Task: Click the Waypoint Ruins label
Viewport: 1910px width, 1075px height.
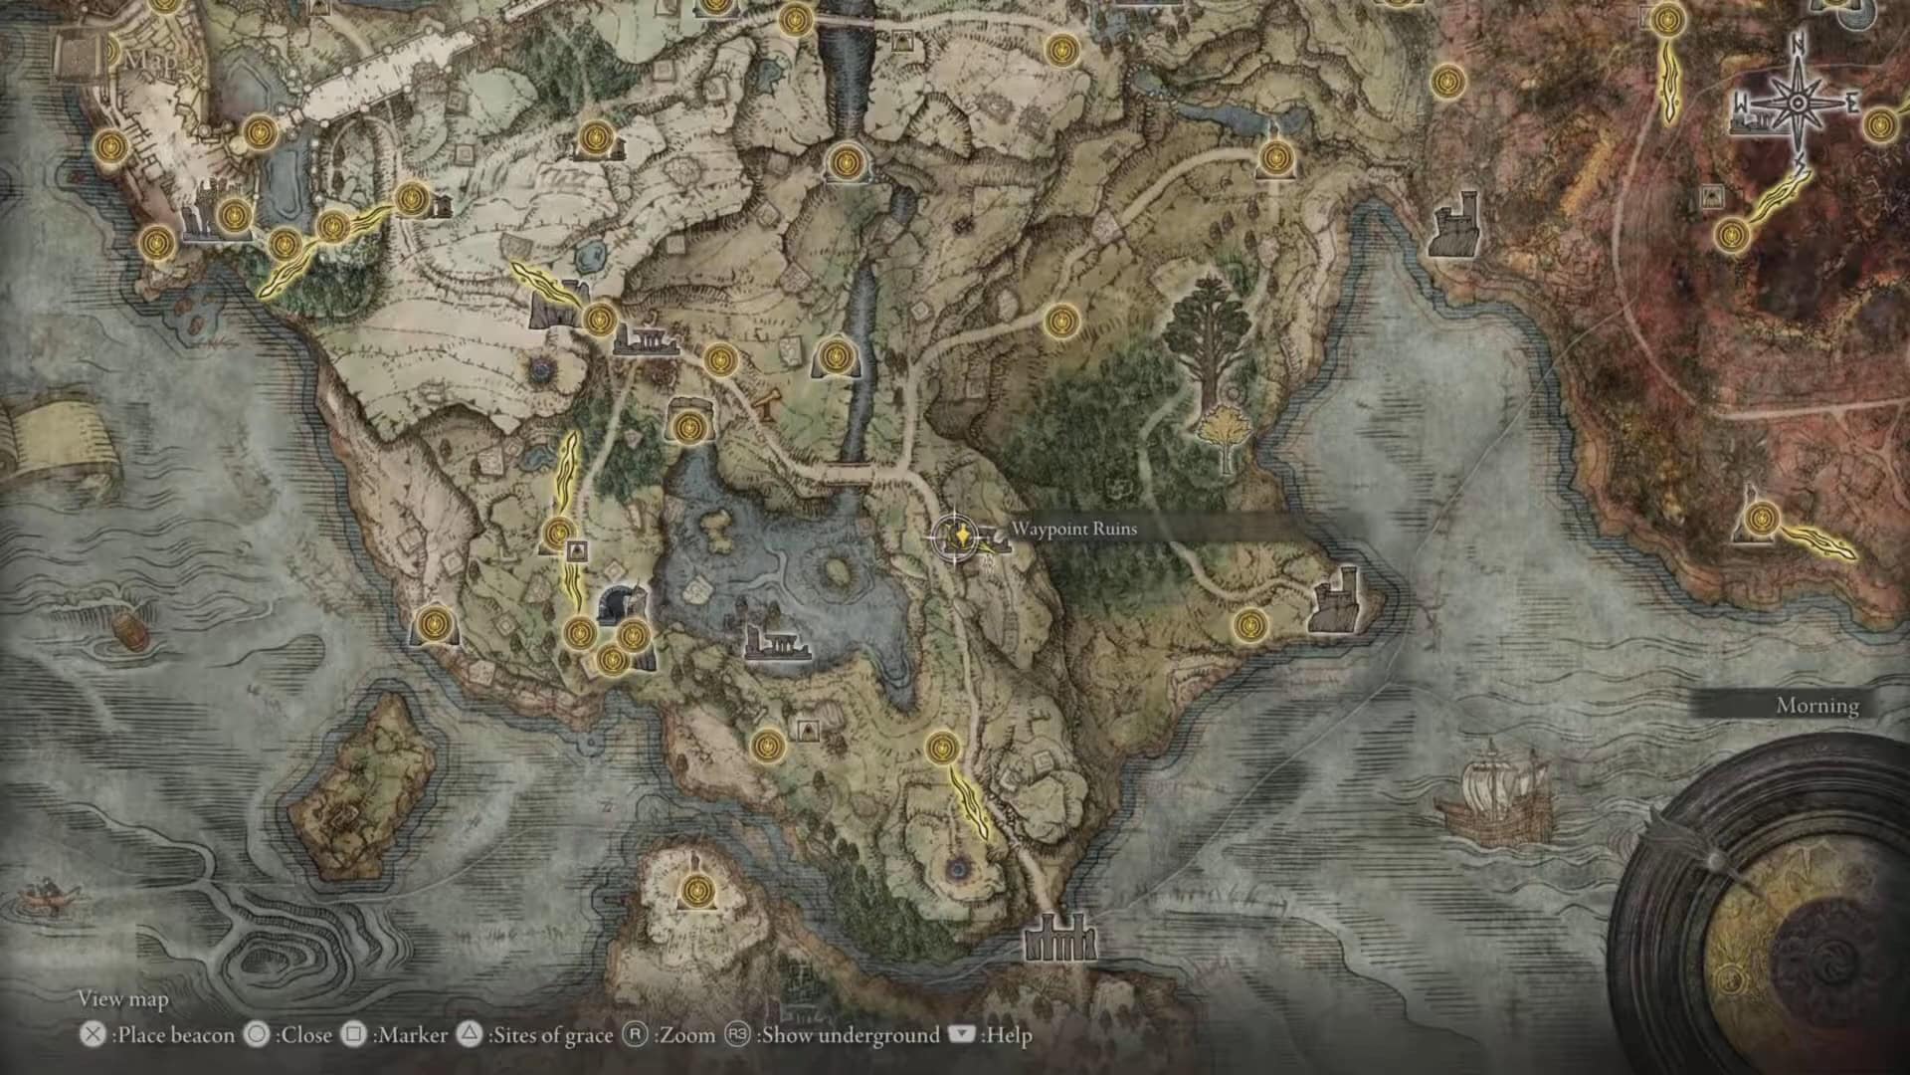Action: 1073,529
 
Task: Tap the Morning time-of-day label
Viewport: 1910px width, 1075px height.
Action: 1816,706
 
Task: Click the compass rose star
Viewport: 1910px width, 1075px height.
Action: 1799,104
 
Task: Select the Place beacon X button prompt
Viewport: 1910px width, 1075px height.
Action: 93,1035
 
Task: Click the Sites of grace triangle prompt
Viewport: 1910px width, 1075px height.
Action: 469,1035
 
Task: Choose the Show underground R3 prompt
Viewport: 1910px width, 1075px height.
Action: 737,1035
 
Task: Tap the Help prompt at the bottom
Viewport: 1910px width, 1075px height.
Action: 962,1035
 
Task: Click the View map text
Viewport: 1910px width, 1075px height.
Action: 123,999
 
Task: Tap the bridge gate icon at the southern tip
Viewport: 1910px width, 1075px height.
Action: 1060,938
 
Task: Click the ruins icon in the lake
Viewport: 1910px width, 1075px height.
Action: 777,643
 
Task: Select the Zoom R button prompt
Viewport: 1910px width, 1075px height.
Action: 635,1035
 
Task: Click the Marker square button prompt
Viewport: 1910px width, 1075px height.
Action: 353,1035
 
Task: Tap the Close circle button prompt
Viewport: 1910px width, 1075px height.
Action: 257,1035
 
